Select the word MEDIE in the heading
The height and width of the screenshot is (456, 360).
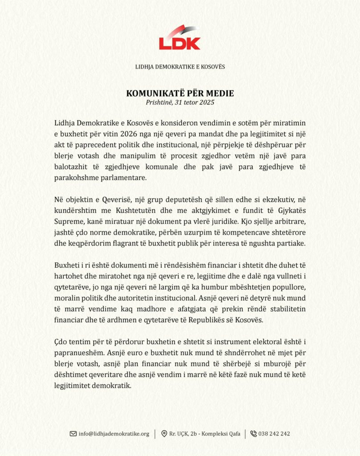[x=218, y=94]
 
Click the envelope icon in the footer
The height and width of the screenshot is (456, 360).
[x=73, y=434]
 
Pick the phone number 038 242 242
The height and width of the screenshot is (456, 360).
[x=274, y=434]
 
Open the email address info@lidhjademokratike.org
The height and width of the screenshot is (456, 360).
[x=114, y=434]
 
